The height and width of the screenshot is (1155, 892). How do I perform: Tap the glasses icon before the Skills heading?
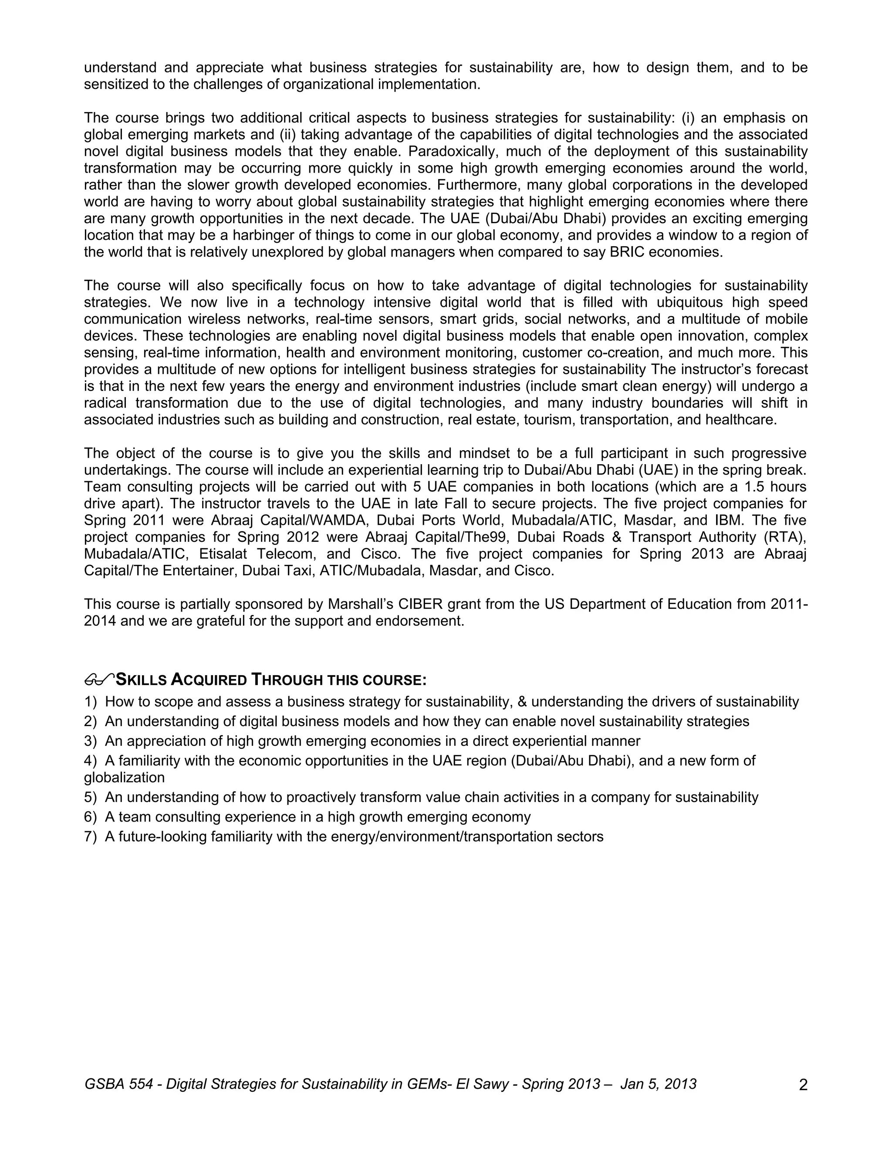pos(99,679)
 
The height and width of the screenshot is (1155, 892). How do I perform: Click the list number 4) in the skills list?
pos(90,761)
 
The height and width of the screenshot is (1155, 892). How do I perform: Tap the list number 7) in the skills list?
pos(90,837)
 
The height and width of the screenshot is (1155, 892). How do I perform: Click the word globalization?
pos(124,778)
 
